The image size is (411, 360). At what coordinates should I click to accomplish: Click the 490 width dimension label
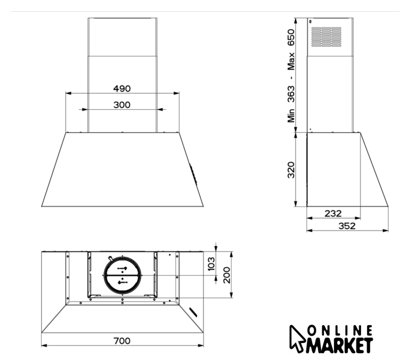(x=122, y=89)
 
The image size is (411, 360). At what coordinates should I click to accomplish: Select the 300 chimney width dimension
(x=122, y=105)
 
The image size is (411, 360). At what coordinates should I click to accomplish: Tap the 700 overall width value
(x=122, y=341)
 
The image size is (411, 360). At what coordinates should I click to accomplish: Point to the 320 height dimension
(x=291, y=170)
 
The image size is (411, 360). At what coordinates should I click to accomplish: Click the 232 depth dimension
(x=333, y=213)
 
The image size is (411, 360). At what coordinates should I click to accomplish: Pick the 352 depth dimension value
(x=347, y=226)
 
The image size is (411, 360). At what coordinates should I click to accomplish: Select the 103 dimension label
(x=211, y=263)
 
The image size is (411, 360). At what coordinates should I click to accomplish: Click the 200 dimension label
(x=227, y=275)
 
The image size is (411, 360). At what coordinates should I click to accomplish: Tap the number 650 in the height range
(x=291, y=38)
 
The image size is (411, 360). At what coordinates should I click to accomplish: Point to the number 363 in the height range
(x=291, y=94)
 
